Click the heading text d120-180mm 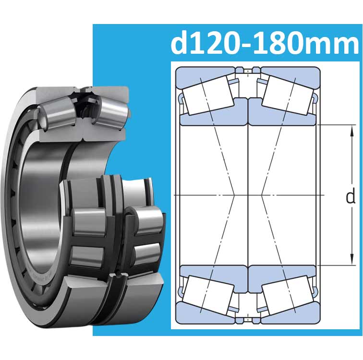(x=265, y=44)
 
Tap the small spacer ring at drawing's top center (x=248, y=72)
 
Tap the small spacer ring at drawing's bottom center (x=248, y=317)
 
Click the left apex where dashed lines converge (x=234, y=195)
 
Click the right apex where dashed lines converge (x=262, y=195)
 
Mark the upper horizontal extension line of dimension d (x=336, y=125)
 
